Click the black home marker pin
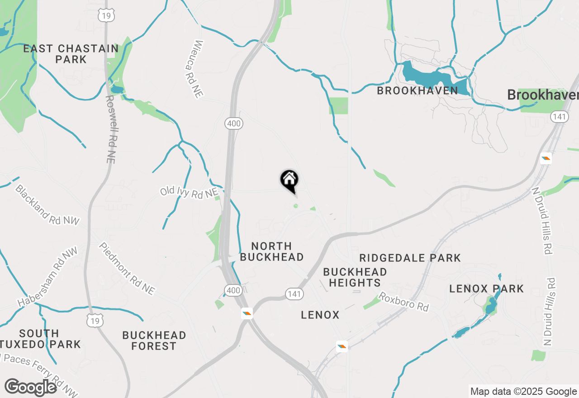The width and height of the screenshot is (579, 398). (289, 181)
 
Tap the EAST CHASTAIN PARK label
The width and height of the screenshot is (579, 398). (71, 54)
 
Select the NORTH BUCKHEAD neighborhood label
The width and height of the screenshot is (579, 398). (271, 251)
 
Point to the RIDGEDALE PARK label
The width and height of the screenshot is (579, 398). (410, 258)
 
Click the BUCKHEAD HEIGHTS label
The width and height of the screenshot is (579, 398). (355, 277)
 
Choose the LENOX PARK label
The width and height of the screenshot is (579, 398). (486, 289)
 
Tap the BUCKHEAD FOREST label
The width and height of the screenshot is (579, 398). (154, 341)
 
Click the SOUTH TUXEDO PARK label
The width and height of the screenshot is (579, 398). (44, 339)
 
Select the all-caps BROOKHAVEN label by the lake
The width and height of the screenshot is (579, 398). (417, 90)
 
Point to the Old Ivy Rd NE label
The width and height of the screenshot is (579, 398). (189, 192)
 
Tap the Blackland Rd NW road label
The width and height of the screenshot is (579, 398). (47, 205)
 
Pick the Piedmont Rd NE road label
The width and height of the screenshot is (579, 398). (127, 269)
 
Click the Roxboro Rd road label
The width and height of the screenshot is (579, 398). (403, 302)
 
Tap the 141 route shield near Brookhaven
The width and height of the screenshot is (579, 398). (559, 117)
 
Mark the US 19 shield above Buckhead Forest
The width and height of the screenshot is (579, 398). (95, 321)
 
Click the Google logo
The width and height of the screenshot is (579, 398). (31, 388)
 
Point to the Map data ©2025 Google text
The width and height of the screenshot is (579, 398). (523, 392)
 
